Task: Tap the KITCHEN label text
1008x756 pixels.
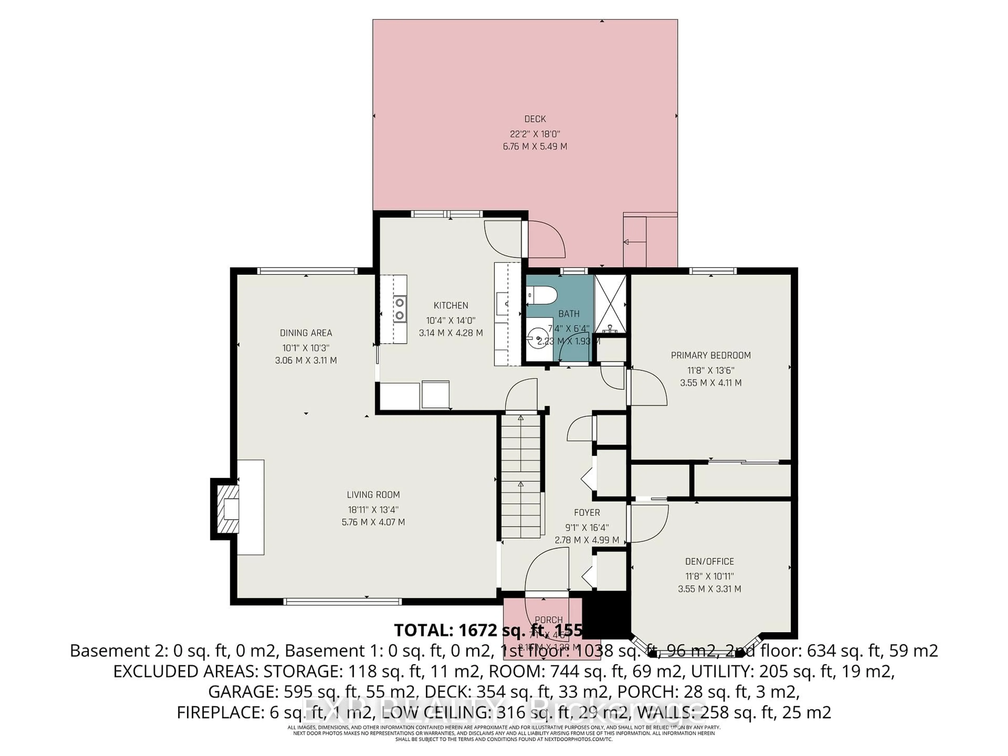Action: click(x=451, y=305)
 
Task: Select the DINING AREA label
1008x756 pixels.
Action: click(x=306, y=333)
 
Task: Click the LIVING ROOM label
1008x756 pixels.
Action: click(x=373, y=495)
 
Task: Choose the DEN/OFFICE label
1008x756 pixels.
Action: click(x=710, y=561)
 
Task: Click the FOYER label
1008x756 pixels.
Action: click(x=587, y=512)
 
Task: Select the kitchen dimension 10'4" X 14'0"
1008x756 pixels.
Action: click(x=451, y=320)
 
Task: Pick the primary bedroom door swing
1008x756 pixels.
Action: click(x=647, y=387)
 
